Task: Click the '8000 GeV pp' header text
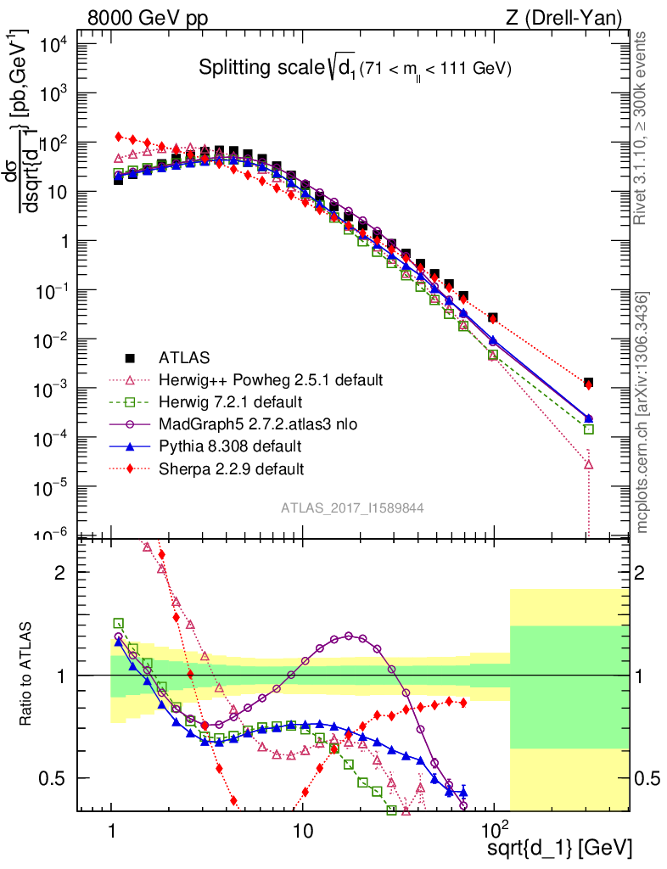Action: (149, 17)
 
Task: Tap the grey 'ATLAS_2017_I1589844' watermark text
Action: (352, 507)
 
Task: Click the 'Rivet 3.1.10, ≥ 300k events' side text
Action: (642, 127)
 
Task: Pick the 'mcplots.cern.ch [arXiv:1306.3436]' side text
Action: (642, 412)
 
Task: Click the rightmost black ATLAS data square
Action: (588, 383)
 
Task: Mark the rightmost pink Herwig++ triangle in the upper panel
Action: (588, 464)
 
